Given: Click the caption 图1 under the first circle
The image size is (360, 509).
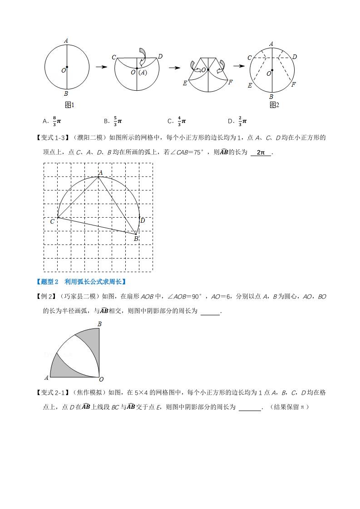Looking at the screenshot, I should pos(70,105).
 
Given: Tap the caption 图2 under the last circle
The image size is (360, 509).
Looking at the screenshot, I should pos(274,105).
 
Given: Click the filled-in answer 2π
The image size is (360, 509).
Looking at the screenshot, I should pos(261,152).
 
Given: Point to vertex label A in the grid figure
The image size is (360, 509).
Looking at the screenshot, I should pos(101,172).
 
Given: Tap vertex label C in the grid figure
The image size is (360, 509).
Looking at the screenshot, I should pos(52,221).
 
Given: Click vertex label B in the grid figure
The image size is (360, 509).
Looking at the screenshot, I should pos(135,238).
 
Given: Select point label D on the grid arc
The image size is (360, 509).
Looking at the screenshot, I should pos(143,220).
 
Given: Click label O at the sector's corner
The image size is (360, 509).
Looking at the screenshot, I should pos(101,379).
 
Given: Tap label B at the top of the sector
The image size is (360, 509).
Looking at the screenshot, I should pos(99,324).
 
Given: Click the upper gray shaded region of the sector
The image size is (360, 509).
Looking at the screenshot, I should pos(89,341).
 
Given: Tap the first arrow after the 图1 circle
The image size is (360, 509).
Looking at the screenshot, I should pos(101,67).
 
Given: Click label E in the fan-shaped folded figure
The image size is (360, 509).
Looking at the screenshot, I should pos(185,83).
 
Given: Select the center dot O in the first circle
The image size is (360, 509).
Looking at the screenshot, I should pos(67,67).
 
